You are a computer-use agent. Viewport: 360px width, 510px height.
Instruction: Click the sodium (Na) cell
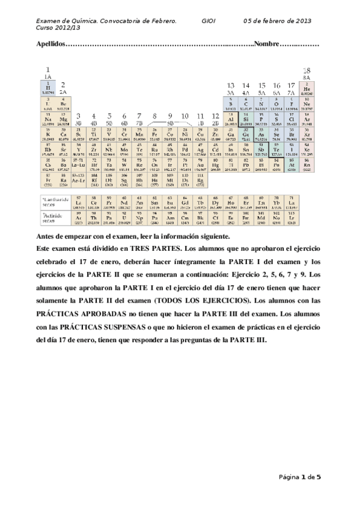(47, 119)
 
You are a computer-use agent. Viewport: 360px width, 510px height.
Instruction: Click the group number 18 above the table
(307, 70)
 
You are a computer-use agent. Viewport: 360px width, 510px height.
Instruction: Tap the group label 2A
(63, 91)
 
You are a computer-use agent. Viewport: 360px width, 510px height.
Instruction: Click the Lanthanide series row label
(55, 200)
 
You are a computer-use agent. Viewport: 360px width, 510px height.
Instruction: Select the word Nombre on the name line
(267, 44)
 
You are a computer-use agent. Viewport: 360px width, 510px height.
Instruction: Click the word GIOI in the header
(209, 21)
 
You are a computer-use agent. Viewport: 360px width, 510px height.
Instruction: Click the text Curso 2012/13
(58, 28)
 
